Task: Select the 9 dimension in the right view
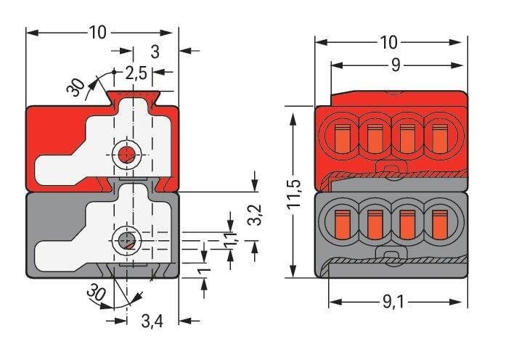tap(396, 65)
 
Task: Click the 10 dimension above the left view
tap(97, 32)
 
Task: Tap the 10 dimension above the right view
tap(388, 41)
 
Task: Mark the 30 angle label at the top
tap(76, 87)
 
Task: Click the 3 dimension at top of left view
tap(154, 51)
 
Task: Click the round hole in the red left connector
tap(128, 153)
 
